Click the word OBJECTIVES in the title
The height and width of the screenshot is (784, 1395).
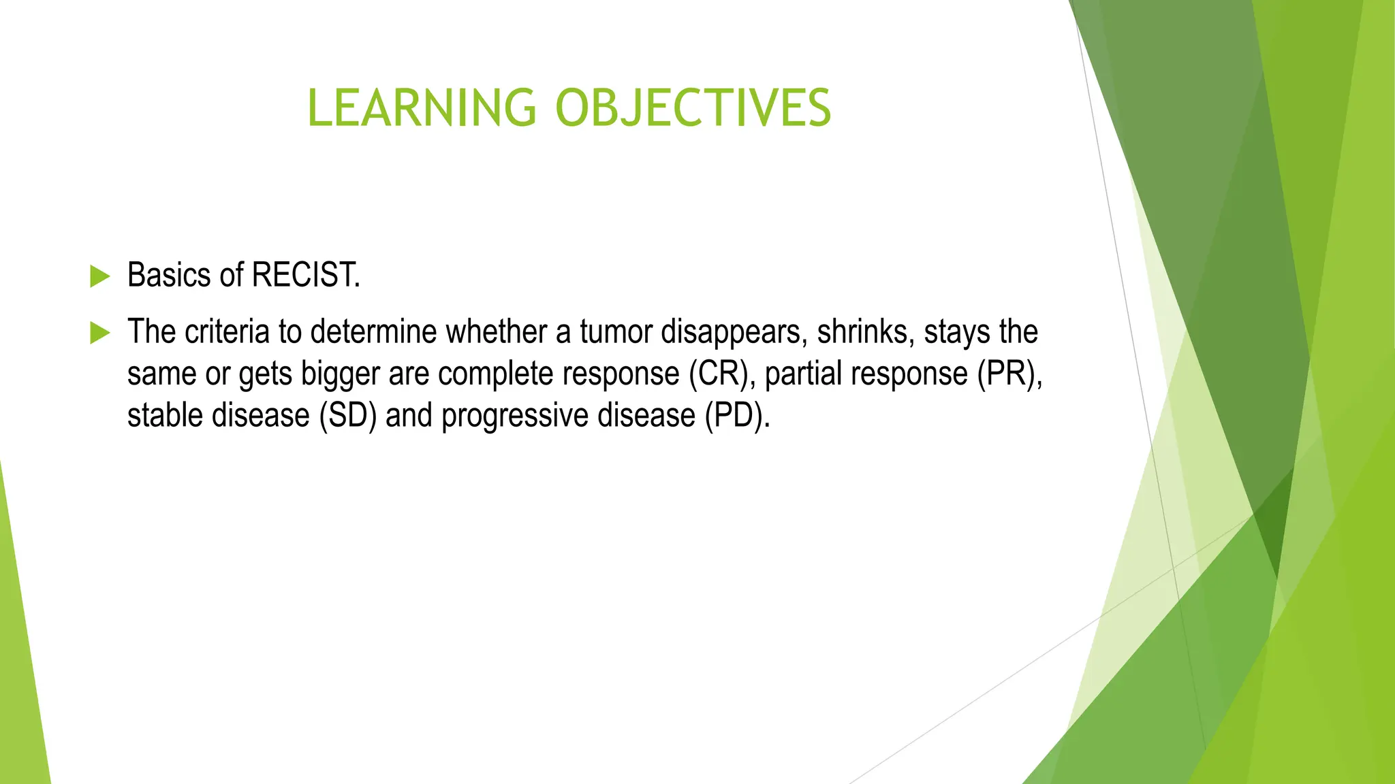(x=693, y=108)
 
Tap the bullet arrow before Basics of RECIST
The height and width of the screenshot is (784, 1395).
(x=99, y=276)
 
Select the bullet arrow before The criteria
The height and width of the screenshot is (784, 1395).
(x=99, y=333)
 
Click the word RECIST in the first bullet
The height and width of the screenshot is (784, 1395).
(x=305, y=276)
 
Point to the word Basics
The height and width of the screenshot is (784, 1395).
(x=169, y=276)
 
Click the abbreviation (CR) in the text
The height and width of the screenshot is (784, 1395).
(x=721, y=374)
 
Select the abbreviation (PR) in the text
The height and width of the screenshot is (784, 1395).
(x=1008, y=374)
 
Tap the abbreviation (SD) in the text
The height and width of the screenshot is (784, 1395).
(x=348, y=416)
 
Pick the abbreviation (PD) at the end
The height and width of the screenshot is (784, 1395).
(x=738, y=416)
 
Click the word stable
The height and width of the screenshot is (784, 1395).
(x=165, y=416)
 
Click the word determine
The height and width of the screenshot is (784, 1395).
(x=373, y=332)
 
